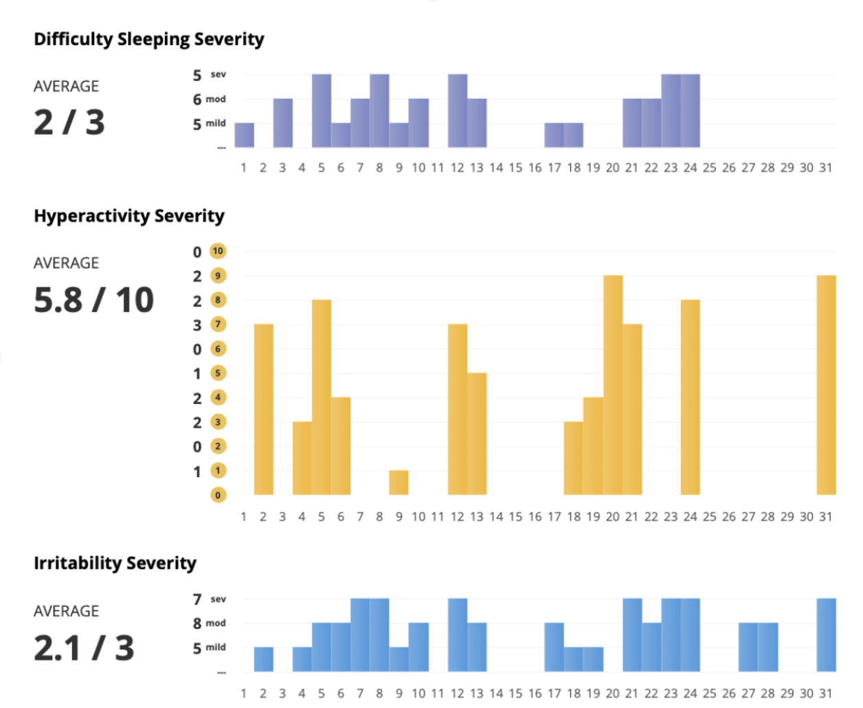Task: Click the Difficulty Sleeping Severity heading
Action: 148,39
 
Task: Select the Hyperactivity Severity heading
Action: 129,216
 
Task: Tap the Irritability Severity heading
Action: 115,563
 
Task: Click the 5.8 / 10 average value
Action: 93,300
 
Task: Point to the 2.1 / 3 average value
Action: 84,648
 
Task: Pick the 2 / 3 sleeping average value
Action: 69,122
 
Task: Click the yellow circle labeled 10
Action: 218,251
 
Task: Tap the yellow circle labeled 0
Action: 218,495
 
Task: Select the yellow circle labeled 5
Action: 218,373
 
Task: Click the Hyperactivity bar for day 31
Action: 826,385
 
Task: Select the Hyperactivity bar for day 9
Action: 399,483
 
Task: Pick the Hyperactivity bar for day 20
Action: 613,385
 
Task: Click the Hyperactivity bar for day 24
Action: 691,397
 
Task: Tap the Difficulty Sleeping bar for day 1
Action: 244,135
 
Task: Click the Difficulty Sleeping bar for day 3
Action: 282,123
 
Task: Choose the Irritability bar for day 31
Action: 826,635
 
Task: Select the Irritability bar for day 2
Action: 263,659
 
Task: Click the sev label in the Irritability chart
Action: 218,599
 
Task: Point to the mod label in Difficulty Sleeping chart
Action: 216,99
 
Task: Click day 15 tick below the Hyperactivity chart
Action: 515,516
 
